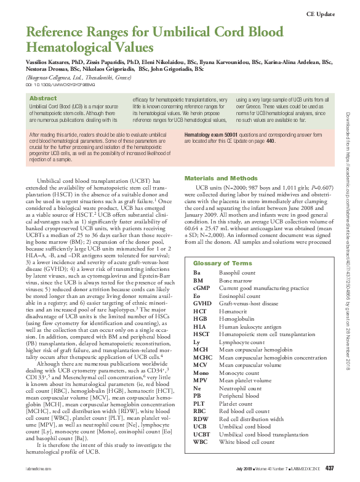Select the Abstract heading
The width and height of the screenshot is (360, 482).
click(x=43, y=98)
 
